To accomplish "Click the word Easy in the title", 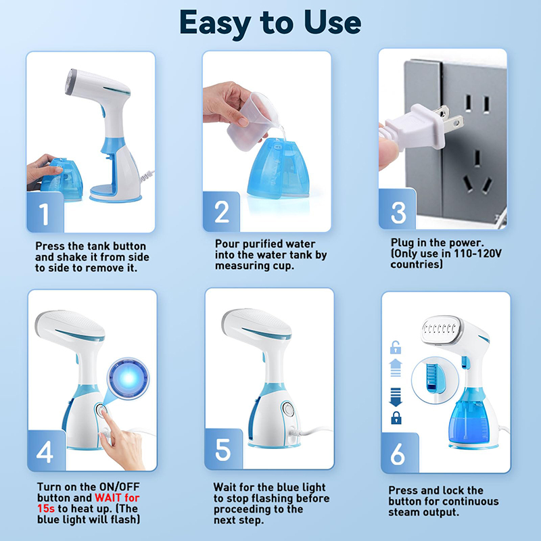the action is pyautogui.click(x=215, y=24).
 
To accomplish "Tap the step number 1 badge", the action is pyautogui.click(x=45, y=212).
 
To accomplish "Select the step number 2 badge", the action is pyautogui.click(x=221, y=211).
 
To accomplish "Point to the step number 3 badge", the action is pyautogui.click(x=398, y=209).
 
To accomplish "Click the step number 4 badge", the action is pyautogui.click(x=47, y=450).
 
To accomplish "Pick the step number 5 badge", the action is pyautogui.click(x=224, y=449).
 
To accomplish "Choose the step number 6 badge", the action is pyautogui.click(x=400, y=452).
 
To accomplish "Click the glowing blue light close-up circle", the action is pyautogui.click(x=128, y=379).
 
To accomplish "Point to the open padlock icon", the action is pyautogui.click(x=396, y=347).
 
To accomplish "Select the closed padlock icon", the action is pyautogui.click(x=396, y=418).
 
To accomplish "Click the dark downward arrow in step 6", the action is pyautogui.click(x=396, y=397).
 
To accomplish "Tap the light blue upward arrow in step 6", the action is pyautogui.click(x=396, y=368).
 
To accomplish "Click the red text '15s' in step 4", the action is pyautogui.click(x=46, y=509).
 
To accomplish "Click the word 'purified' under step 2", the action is pyautogui.click(x=265, y=244).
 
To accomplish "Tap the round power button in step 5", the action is pyautogui.click(x=288, y=409).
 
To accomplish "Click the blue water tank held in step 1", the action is pyautogui.click(x=62, y=179).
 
